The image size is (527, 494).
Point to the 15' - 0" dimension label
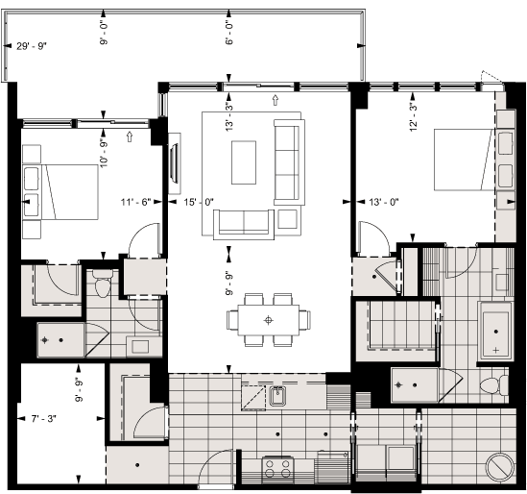(x=197, y=203)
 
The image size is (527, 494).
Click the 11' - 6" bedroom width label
(x=136, y=203)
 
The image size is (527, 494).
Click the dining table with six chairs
(x=271, y=319)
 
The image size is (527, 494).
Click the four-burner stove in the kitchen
(x=278, y=468)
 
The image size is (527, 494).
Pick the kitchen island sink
(x=277, y=396)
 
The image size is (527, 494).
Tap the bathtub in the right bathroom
(x=495, y=331)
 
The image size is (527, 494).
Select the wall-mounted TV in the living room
(x=175, y=165)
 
